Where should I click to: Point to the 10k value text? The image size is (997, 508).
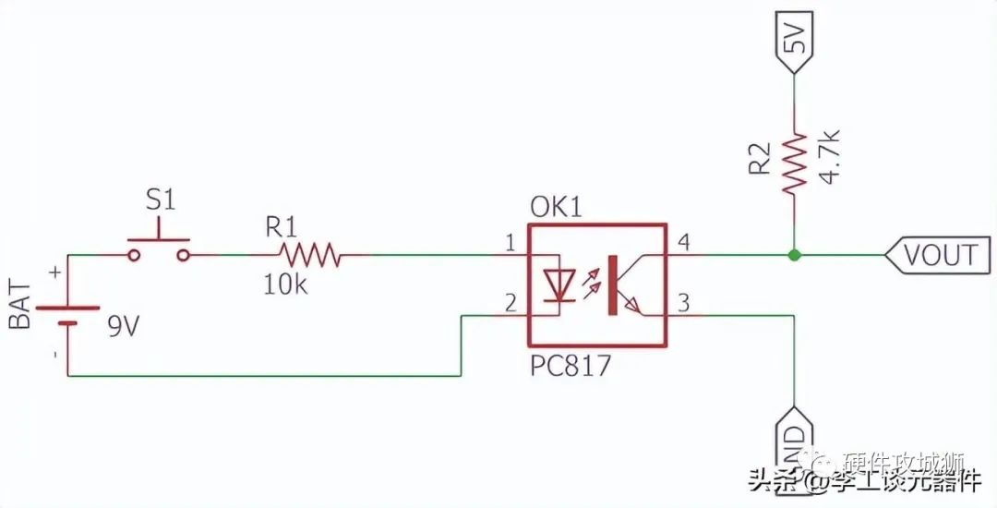(x=285, y=285)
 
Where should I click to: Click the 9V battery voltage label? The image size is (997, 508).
(x=122, y=325)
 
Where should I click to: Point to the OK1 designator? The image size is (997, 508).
(x=556, y=206)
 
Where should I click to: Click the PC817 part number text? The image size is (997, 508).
(x=570, y=366)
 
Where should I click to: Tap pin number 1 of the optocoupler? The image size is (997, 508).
(x=510, y=242)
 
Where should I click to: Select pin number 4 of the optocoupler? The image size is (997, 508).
(x=684, y=242)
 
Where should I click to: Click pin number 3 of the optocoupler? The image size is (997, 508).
(x=684, y=302)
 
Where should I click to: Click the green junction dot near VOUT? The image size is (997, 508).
(x=793, y=253)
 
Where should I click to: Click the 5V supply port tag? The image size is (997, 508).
(x=794, y=42)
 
